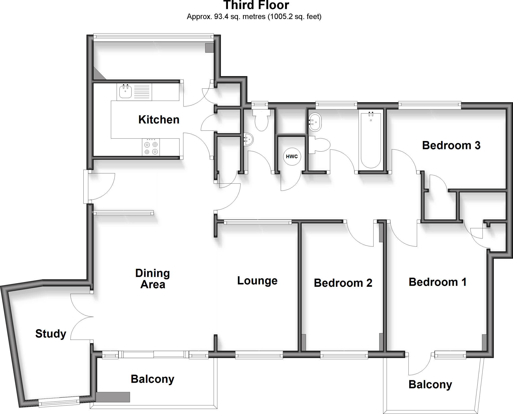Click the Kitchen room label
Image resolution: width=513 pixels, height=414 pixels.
159,120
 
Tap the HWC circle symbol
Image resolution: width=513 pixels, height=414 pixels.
292,157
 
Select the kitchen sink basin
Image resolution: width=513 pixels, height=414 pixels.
125,92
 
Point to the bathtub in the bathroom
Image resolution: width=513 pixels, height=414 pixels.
371,140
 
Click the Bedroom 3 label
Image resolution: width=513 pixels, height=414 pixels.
451,146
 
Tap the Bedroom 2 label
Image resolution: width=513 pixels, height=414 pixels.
343,283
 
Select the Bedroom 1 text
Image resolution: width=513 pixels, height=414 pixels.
437,282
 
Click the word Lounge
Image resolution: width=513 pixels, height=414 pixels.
257,281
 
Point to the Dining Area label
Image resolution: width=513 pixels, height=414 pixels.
153,279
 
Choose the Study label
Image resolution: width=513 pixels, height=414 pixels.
51,334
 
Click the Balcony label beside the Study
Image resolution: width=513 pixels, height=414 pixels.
152,379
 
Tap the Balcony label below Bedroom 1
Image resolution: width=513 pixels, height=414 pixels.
430,384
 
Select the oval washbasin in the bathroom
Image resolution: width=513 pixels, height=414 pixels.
315,122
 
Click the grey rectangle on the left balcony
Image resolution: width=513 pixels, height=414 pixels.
113,397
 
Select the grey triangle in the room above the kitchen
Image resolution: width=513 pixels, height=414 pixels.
99,74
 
